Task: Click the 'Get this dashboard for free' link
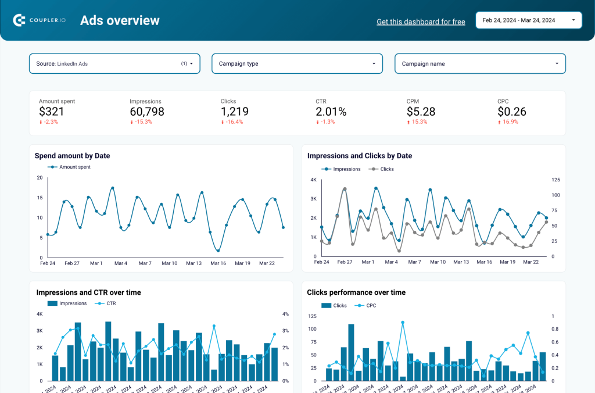(x=421, y=22)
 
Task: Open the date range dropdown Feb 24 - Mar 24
(x=528, y=20)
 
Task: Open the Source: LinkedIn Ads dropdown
(x=114, y=63)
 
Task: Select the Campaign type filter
(x=297, y=63)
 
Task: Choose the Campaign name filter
(x=480, y=63)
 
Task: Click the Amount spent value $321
(x=52, y=112)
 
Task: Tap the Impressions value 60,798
(x=147, y=112)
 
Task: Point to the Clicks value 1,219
(x=235, y=112)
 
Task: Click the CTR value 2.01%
(x=331, y=112)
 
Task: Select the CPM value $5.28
(x=421, y=112)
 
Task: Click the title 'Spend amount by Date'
(x=72, y=156)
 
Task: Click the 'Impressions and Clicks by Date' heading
(x=360, y=156)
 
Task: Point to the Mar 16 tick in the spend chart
(x=218, y=263)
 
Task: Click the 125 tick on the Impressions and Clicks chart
(x=555, y=180)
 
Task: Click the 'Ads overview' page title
(x=120, y=20)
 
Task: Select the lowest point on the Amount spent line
(x=218, y=251)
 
